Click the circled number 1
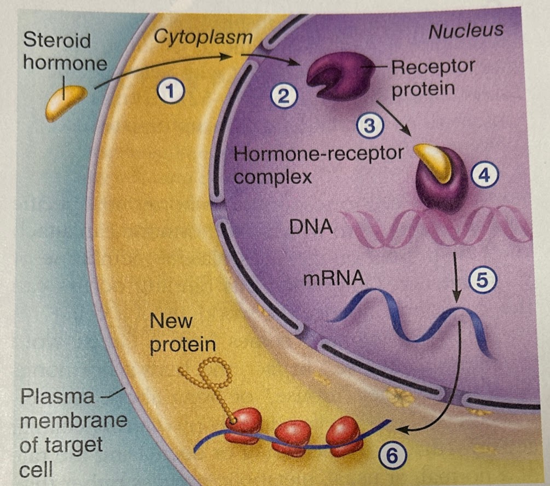[x=171, y=90]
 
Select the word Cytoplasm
[x=203, y=37]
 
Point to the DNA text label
[x=310, y=225]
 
